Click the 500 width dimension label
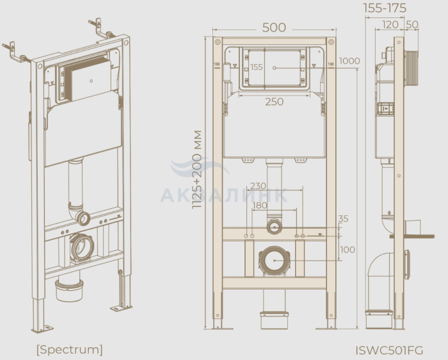pos(274,28)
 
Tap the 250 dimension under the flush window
pos(275,102)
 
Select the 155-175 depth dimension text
pos(385,8)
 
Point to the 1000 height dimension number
pos(349,61)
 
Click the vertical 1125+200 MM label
pos(197,170)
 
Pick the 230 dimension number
pos(258,186)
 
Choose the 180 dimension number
pos(260,206)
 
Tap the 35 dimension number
pos(343,218)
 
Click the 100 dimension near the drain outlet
pos(348,250)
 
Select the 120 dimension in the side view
pos(390,24)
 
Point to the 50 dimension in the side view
pos(412,24)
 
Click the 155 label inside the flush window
pos(256,67)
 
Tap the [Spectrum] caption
pos(69,349)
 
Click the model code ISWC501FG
pos(389,350)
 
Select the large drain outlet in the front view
pos(275,261)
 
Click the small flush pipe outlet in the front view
pos(275,227)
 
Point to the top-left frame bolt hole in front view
pos(218,42)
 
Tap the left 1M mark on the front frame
pos(217,64)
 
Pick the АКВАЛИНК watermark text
pos(224,195)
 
